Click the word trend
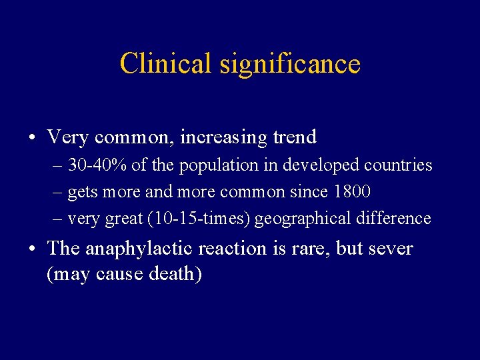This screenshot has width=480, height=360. click(295, 137)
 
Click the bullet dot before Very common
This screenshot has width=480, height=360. click(32, 138)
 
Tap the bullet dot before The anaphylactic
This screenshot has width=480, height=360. click(32, 249)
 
